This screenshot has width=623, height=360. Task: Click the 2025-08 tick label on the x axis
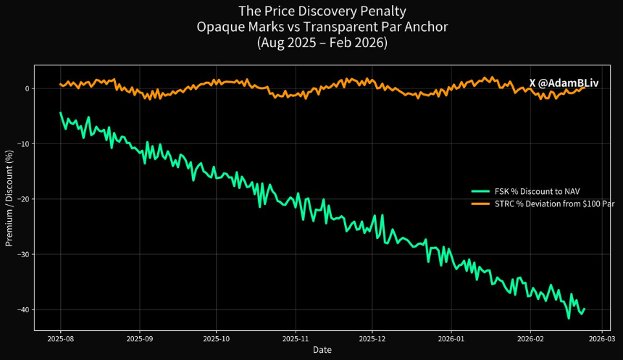pos(61,339)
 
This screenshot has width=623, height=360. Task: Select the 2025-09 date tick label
pos(140,339)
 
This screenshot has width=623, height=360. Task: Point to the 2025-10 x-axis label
pos(216,339)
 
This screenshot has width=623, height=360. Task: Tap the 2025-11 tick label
pos(296,339)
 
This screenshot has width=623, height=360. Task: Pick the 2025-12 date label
pos(372,339)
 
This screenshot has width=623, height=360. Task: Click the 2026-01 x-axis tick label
pos(451,339)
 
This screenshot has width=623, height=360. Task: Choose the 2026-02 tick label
pos(530,339)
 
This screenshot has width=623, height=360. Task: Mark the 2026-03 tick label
pos(601,339)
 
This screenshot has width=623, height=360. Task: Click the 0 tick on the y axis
pos(27,88)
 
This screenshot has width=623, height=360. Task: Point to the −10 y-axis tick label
pos(23,144)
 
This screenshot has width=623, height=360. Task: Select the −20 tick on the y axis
pos(23,199)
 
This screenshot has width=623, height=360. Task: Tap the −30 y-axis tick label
pos(23,254)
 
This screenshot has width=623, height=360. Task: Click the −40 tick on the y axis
pos(23,309)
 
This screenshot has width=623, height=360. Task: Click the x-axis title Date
pos(322,350)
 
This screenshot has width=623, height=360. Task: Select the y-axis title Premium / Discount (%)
pos(9,198)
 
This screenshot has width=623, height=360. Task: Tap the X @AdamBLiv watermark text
pos(564,83)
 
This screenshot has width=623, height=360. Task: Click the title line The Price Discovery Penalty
pos(322,11)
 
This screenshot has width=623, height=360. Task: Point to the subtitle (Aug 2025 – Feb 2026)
pos(322,42)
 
